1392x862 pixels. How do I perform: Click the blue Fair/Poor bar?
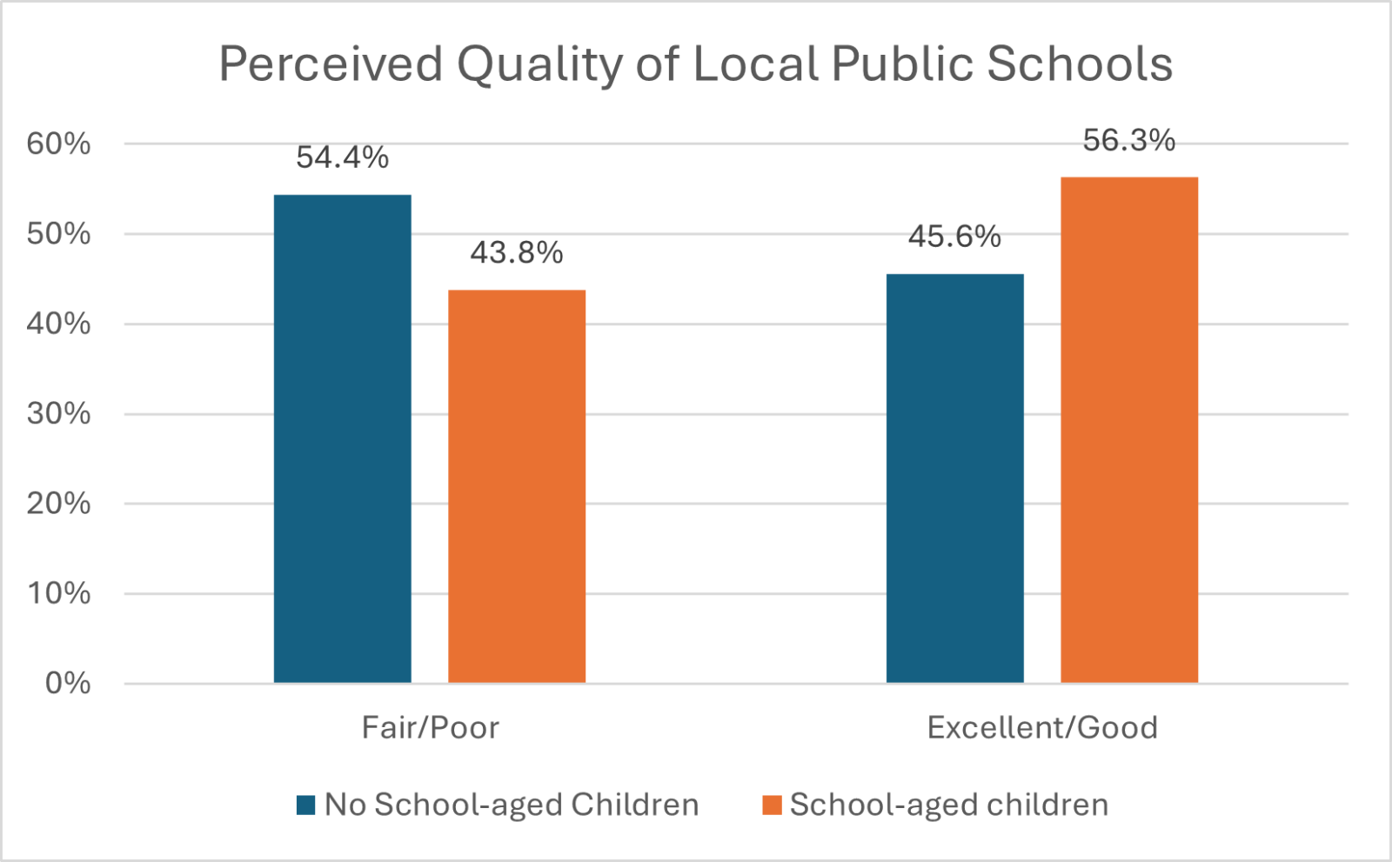(x=342, y=438)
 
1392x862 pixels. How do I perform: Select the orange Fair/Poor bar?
(x=517, y=486)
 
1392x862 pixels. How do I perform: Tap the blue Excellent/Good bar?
(x=954, y=478)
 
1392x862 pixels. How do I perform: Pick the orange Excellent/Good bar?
(x=1129, y=430)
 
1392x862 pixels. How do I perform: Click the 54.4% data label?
(x=342, y=157)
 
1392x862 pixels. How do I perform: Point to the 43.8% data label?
(x=517, y=253)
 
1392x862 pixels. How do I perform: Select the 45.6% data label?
(x=954, y=237)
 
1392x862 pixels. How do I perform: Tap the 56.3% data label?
(x=1129, y=141)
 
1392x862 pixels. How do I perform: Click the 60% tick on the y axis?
(x=58, y=144)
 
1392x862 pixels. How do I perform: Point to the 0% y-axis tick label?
(x=68, y=684)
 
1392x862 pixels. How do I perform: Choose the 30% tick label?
(x=58, y=413)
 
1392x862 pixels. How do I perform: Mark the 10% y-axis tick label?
(x=58, y=593)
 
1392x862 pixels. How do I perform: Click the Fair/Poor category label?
(x=431, y=727)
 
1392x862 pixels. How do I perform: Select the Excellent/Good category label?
(x=1042, y=727)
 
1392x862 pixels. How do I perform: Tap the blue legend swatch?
(x=305, y=805)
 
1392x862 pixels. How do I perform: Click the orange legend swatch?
(x=772, y=805)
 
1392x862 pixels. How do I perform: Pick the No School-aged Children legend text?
(x=512, y=805)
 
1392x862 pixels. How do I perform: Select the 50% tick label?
(x=58, y=234)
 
